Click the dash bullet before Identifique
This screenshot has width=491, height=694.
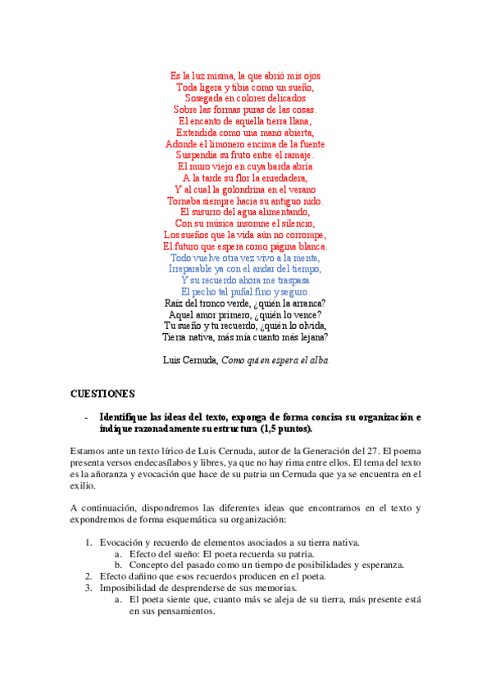(x=86, y=417)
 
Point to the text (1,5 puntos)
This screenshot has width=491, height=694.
(x=285, y=429)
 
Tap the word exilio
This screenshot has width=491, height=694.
(x=84, y=485)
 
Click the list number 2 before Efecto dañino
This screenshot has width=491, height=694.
(x=89, y=576)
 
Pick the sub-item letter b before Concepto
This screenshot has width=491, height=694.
(x=119, y=565)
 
